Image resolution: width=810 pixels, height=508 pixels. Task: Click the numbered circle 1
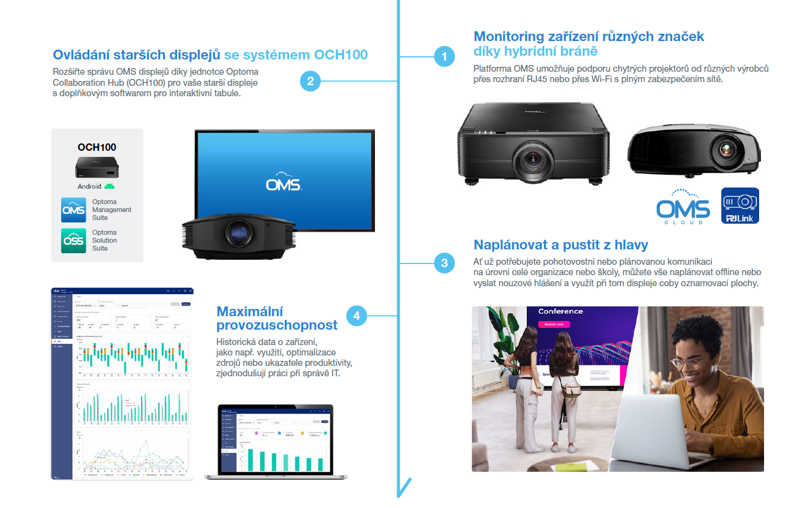[444, 57]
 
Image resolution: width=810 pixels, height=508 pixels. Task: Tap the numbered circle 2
[311, 81]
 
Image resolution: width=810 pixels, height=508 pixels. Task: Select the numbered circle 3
[444, 263]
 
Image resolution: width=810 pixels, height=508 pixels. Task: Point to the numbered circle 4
[357, 316]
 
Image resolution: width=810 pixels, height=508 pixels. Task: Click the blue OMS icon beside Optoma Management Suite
[74, 210]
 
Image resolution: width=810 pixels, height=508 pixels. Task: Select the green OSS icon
[74, 240]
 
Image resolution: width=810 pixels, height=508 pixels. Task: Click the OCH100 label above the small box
[97, 147]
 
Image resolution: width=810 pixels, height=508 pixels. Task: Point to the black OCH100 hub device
[97, 167]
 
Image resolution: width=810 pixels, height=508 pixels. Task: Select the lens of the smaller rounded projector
[727, 150]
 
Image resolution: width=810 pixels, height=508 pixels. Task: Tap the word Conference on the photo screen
[560, 311]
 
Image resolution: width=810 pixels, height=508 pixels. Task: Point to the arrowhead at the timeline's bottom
[403, 490]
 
